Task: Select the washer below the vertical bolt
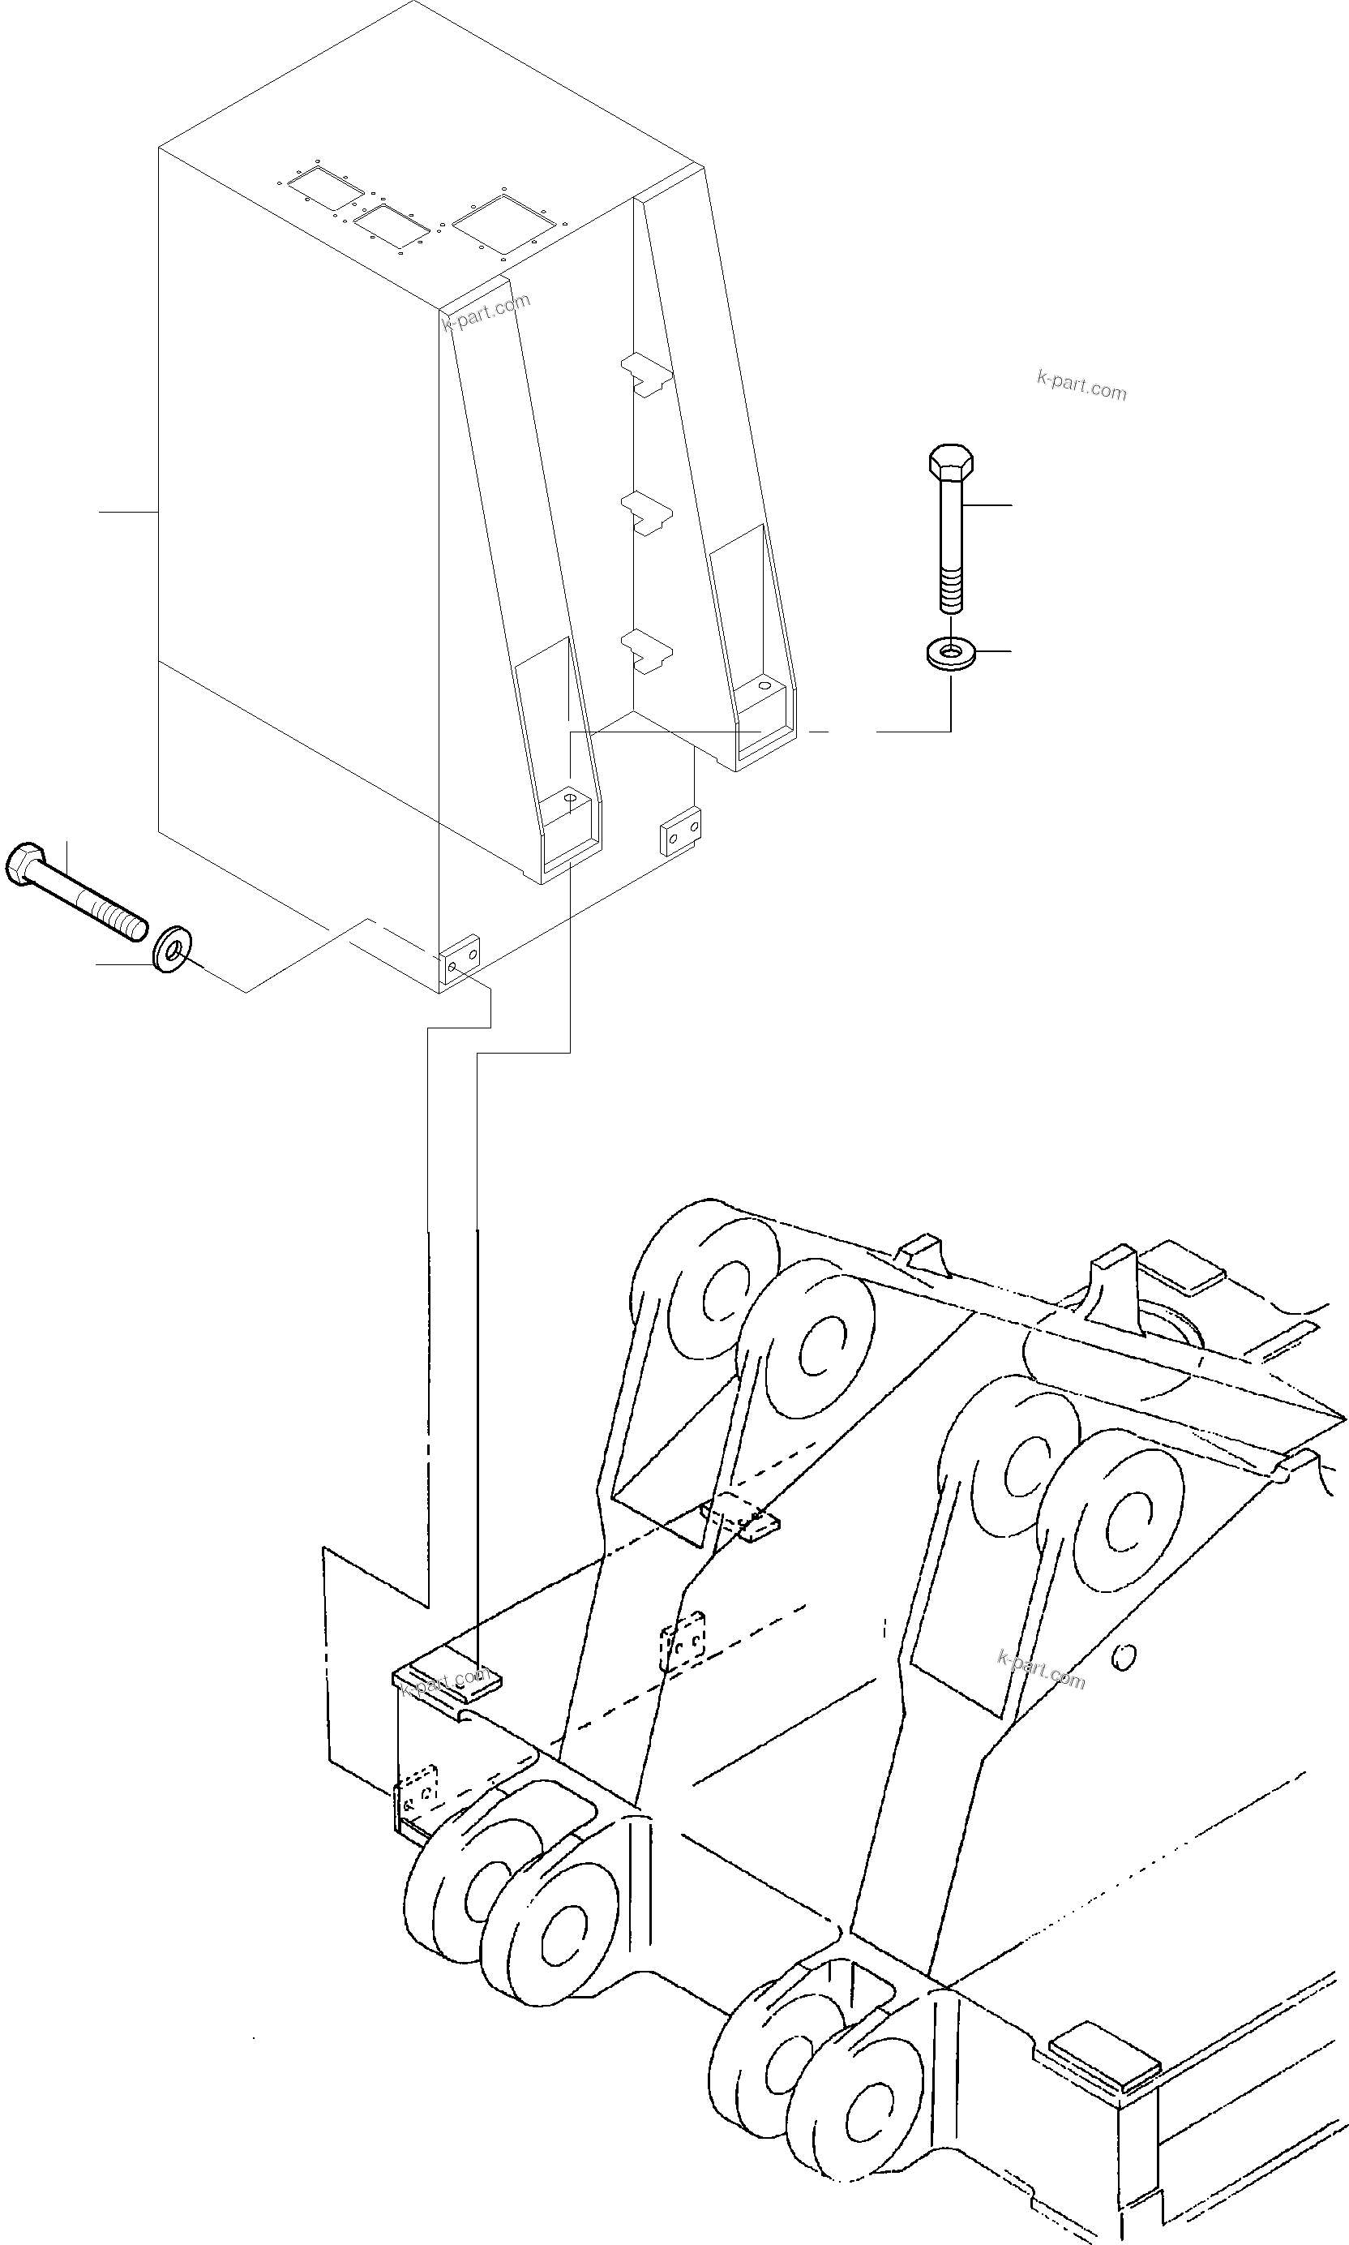tap(950, 652)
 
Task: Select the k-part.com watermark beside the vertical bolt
tap(1081, 385)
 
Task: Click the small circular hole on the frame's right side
tap(1124, 1658)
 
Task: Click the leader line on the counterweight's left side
tap(127, 513)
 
